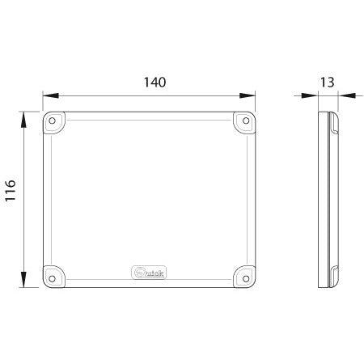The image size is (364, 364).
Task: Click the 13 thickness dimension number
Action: tap(328, 82)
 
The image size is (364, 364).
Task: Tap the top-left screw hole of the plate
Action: tap(53, 121)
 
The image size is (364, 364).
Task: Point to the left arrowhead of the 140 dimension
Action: tap(46, 95)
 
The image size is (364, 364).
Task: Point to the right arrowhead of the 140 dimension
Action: tap(252, 95)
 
